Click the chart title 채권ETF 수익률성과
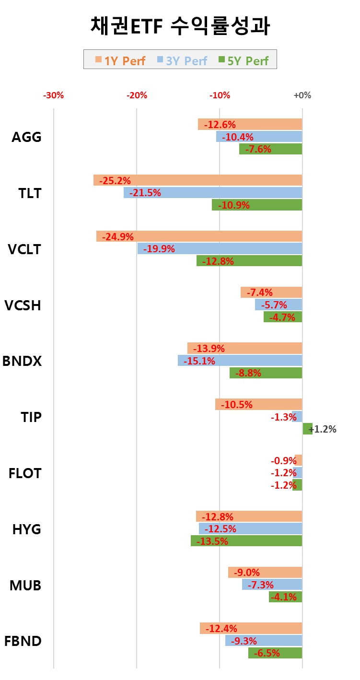[180, 26]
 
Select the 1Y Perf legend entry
[120, 60]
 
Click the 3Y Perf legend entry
[182, 60]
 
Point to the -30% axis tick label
[53, 95]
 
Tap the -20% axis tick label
[137, 95]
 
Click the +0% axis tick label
[302, 95]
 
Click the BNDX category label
[22, 361]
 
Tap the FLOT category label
[25, 473]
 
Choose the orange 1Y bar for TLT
[197, 180]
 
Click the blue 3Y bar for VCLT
[220, 249]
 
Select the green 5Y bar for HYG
[246, 541]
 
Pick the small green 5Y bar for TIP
[307, 429]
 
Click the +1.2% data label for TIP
[323, 429]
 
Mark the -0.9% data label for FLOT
[284, 461]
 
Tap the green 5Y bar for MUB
[285, 597]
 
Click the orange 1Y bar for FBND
[251, 628]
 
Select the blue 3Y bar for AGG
[259, 137]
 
